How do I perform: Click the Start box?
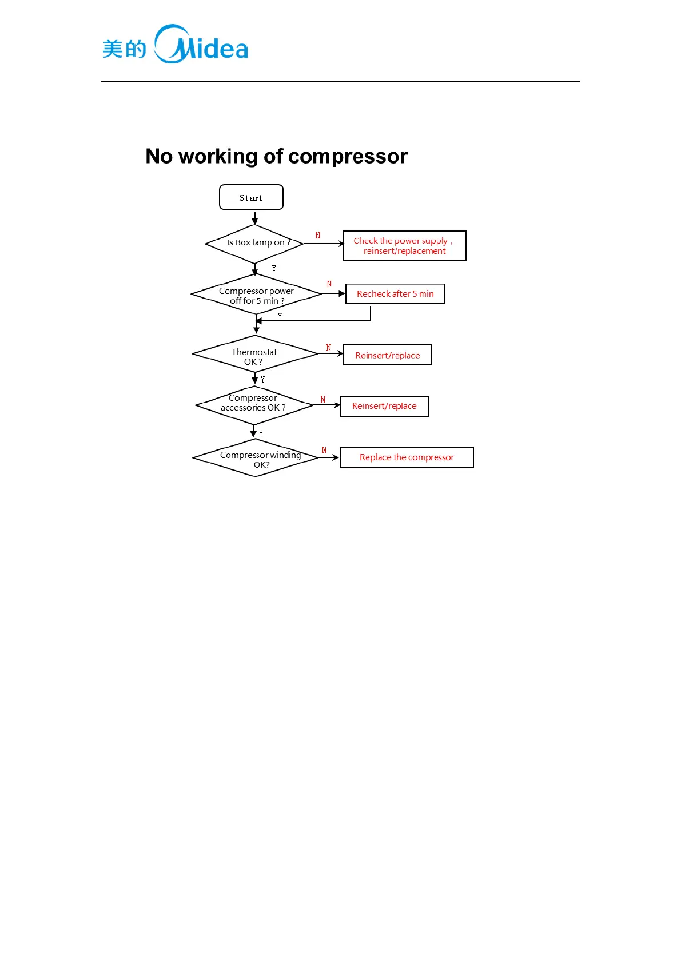click(x=251, y=197)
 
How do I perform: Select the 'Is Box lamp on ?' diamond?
click(x=255, y=244)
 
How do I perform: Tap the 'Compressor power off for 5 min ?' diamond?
click(x=256, y=295)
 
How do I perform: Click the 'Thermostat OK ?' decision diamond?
click(x=255, y=355)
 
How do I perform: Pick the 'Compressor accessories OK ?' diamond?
click(x=254, y=405)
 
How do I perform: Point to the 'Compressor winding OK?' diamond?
click(x=256, y=458)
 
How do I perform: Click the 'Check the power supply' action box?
click(x=404, y=246)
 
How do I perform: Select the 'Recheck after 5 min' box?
click(x=395, y=294)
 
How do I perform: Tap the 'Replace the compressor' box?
click(x=407, y=457)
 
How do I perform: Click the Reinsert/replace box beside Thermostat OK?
click(x=387, y=355)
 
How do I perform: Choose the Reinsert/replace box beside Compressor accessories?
click(x=384, y=406)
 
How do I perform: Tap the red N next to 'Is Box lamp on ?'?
click(x=318, y=236)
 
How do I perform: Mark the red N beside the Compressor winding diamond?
click(x=324, y=451)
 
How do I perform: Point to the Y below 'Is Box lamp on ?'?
click(x=274, y=268)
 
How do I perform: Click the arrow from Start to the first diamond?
click(x=255, y=218)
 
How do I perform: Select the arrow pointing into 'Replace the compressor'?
click(x=329, y=457)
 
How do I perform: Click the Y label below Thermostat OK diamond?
click(x=263, y=380)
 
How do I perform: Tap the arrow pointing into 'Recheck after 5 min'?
click(x=334, y=293)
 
